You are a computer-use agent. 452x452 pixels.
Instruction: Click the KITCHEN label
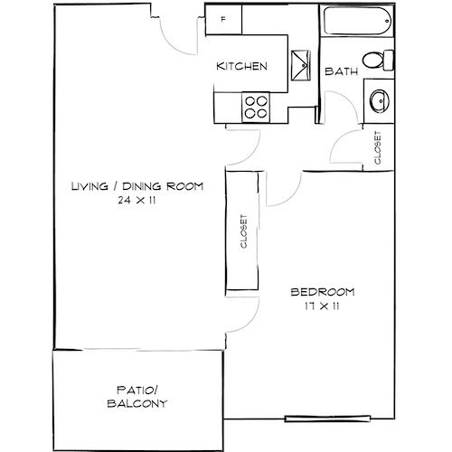(241, 66)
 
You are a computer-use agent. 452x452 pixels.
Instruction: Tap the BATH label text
(341, 71)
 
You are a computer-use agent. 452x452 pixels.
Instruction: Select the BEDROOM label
(323, 292)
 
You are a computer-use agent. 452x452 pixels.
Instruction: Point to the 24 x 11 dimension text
(137, 201)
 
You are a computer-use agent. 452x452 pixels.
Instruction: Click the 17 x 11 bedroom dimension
(322, 306)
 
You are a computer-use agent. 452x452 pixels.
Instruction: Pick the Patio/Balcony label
(137, 397)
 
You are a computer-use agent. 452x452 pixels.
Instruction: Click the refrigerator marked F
(223, 20)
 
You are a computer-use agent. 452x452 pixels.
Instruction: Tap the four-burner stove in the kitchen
(256, 108)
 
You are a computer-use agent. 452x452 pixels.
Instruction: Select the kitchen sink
(300, 65)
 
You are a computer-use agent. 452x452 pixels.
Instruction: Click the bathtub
(358, 21)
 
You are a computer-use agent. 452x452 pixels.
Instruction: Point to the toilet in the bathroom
(378, 61)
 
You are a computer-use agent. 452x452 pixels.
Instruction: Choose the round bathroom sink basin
(380, 101)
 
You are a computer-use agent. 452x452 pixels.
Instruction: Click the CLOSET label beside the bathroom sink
(378, 147)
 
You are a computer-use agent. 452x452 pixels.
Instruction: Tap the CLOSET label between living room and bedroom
(244, 231)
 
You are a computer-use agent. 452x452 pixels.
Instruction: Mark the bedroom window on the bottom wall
(327, 419)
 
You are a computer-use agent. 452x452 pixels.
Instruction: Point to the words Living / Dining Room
(137, 186)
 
